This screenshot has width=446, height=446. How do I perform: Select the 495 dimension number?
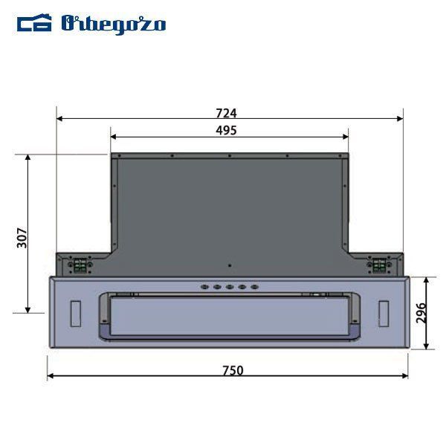(x=226, y=131)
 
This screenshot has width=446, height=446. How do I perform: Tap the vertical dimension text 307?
(x=22, y=238)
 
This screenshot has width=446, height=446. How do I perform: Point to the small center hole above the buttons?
(x=230, y=265)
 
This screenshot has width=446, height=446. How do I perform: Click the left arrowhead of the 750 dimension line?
(x=51, y=376)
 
